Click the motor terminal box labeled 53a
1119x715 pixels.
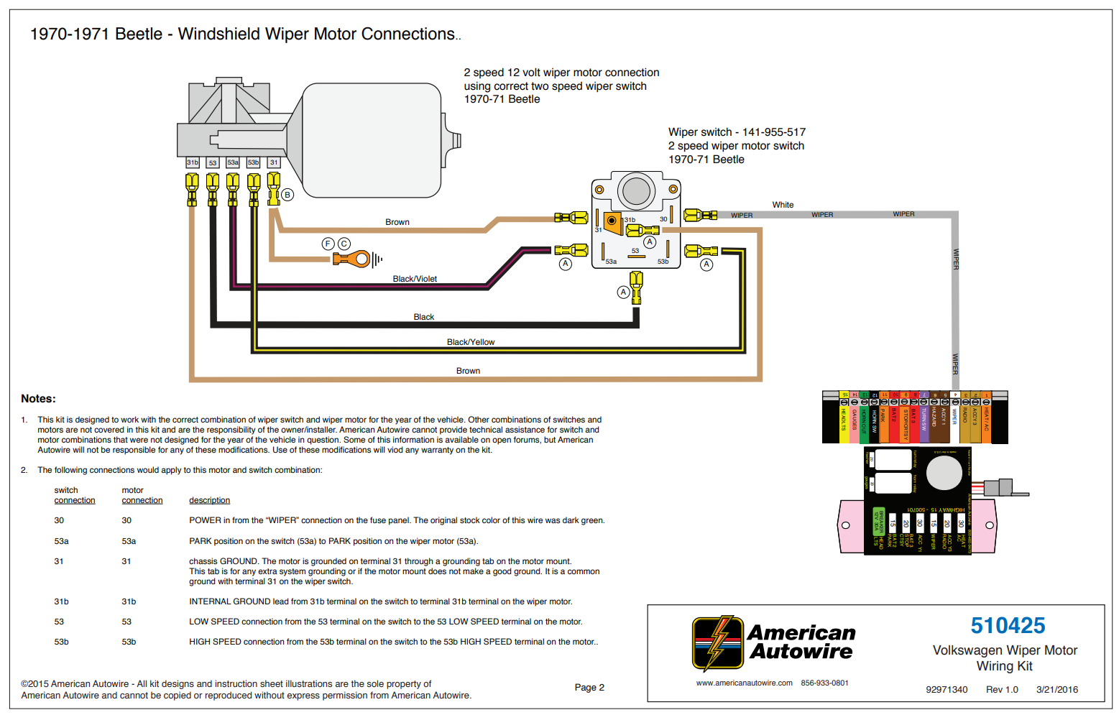pyautogui.click(x=233, y=163)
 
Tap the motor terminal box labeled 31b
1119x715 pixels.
pyautogui.click(x=193, y=163)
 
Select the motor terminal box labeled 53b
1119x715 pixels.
pyautogui.click(x=253, y=163)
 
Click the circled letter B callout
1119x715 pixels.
pyautogui.click(x=287, y=195)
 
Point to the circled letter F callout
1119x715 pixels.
pyautogui.click(x=328, y=244)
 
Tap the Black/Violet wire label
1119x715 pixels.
pyautogui.click(x=415, y=279)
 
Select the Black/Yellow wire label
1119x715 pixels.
pyautogui.click(x=471, y=342)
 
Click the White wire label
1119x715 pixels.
pyautogui.click(x=783, y=205)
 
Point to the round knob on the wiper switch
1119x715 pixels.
pyautogui.click(x=636, y=191)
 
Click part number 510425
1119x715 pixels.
pyautogui.click(x=1008, y=626)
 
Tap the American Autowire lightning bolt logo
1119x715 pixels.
pyautogui.click(x=717, y=643)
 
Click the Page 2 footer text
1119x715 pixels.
pyautogui.click(x=589, y=688)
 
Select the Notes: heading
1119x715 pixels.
pyautogui.click(x=38, y=399)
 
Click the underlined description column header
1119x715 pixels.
pyautogui.click(x=209, y=500)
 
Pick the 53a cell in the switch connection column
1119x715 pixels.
pyautogui.click(x=62, y=541)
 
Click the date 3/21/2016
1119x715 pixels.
pyautogui.click(x=1056, y=690)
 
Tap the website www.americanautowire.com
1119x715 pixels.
pyautogui.click(x=744, y=683)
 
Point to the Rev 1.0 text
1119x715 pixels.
pyautogui.click(x=1002, y=690)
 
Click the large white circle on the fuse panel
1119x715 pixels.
pyautogui.click(x=944, y=473)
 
